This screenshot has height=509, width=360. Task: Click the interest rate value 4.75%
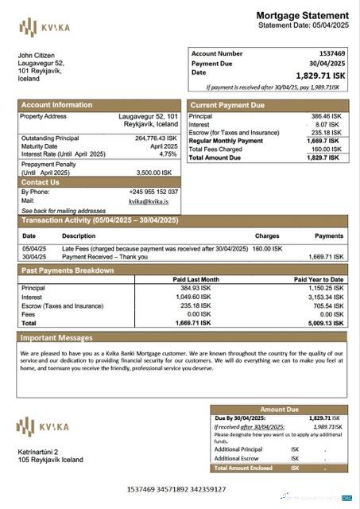coord(168,153)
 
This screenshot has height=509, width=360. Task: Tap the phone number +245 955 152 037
coord(153,192)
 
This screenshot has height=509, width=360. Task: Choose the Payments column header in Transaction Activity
coord(329,236)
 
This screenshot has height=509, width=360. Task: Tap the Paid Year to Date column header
coord(319,280)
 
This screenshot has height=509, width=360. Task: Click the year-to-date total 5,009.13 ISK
coord(326,324)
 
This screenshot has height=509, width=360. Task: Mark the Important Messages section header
coord(57,338)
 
